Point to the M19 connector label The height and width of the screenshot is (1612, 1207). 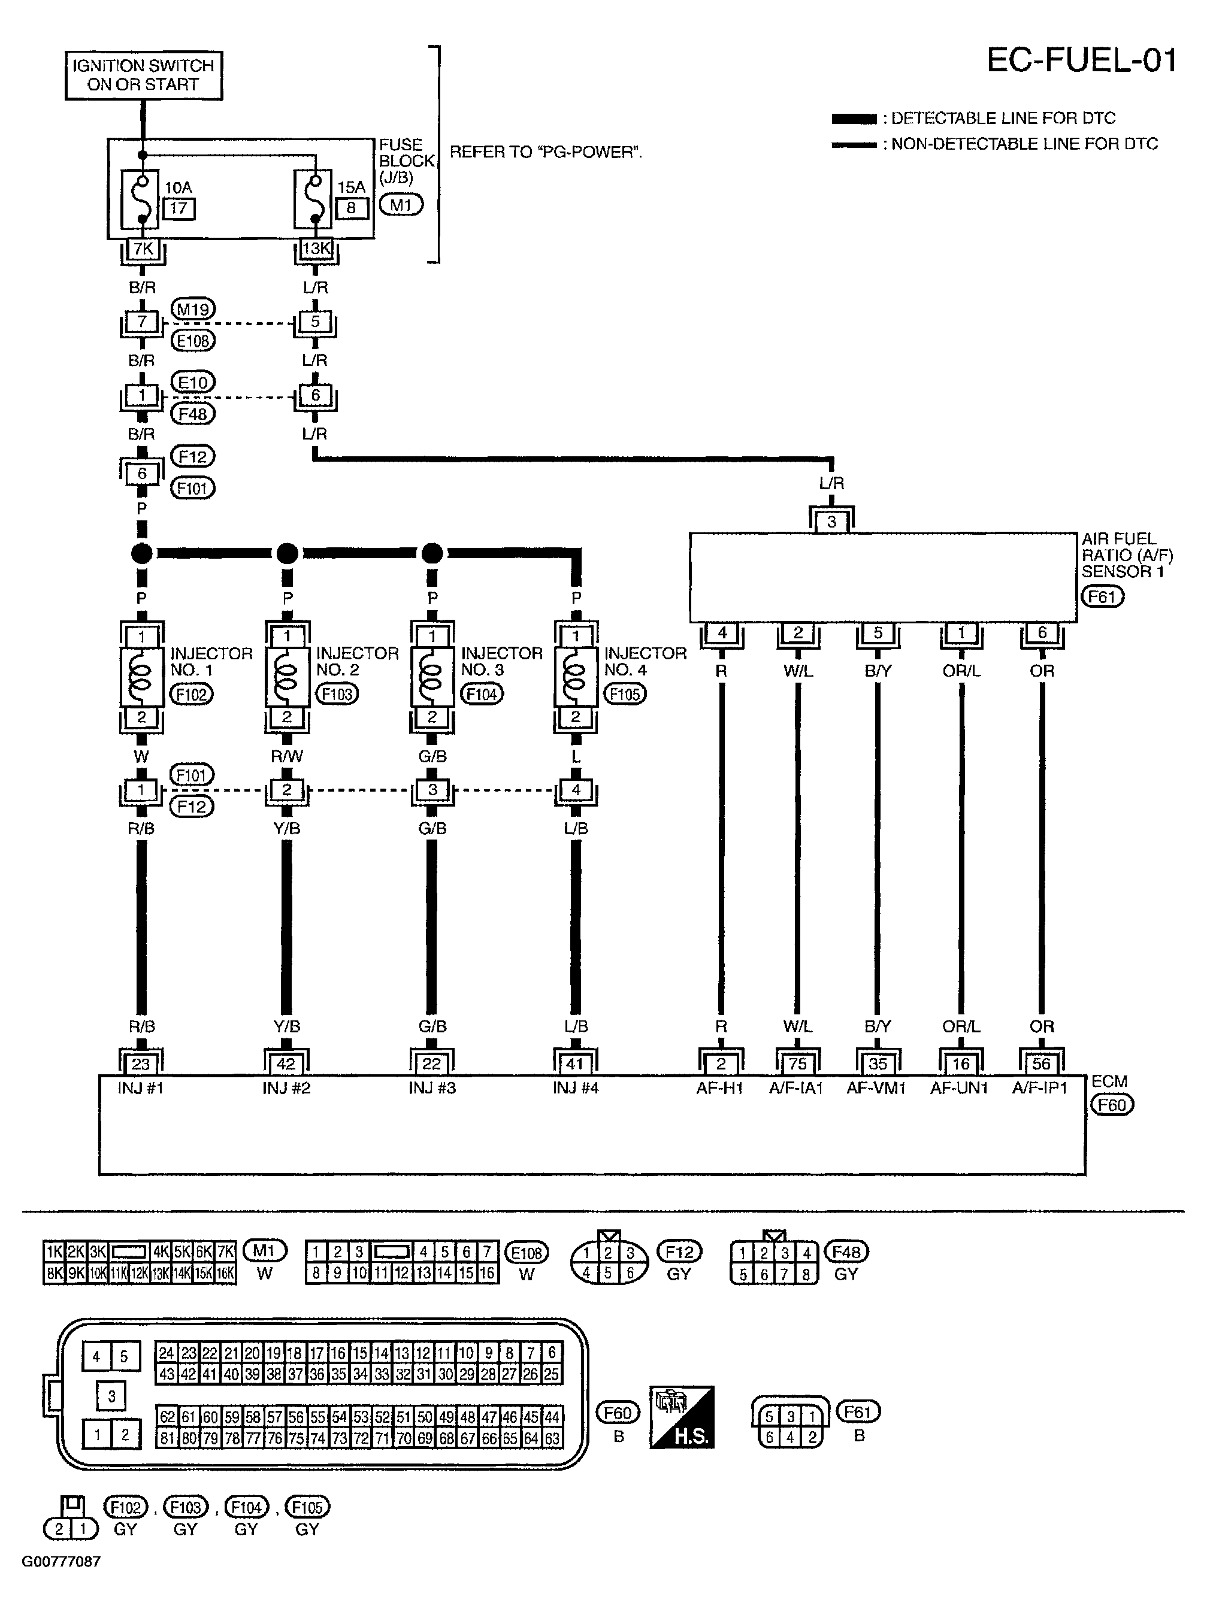(x=192, y=309)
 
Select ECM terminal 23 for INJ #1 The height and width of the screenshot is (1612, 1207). (x=141, y=1064)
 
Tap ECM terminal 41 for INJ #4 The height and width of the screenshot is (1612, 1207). (x=575, y=1064)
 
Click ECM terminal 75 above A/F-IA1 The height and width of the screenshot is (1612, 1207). (x=797, y=1064)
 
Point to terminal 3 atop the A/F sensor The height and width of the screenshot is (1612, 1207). (x=831, y=522)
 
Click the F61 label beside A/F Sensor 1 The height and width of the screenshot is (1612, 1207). (x=1102, y=597)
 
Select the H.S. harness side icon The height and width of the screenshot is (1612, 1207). (x=682, y=1417)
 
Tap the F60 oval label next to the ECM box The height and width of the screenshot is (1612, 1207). (x=1112, y=1105)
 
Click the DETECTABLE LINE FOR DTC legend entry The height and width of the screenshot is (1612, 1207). (x=1002, y=118)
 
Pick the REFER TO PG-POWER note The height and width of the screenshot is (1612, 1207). (x=545, y=152)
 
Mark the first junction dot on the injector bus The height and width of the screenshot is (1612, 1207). (x=142, y=553)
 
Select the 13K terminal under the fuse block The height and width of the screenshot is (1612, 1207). (x=316, y=249)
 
